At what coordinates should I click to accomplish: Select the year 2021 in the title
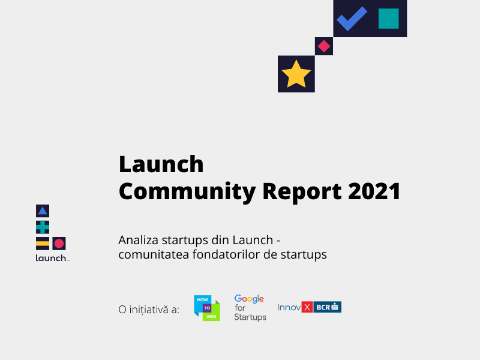pyautogui.click(x=375, y=191)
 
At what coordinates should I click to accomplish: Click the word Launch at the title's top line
pyautogui.click(x=161, y=163)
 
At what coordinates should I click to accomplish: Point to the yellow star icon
pyautogui.click(x=296, y=74)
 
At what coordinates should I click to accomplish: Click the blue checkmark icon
pyautogui.click(x=352, y=19)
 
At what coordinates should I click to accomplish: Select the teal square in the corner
pyautogui.click(x=389, y=19)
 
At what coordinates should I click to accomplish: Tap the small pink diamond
pyautogui.click(x=324, y=46)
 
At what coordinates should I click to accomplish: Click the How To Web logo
pyautogui.click(x=207, y=308)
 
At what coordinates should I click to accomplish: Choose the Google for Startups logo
pyautogui.click(x=250, y=307)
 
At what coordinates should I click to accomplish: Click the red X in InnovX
pyautogui.click(x=307, y=307)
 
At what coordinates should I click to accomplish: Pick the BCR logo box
pyautogui.click(x=328, y=307)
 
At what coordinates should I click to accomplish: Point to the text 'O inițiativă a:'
pyautogui.click(x=149, y=310)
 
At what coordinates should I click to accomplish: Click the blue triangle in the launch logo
pyautogui.click(x=42, y=211)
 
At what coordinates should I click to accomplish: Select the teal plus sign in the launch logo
pyautogui.click(x=42, y=227)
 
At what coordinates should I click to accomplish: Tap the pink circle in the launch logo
pyautogui.click(x=59, y=243)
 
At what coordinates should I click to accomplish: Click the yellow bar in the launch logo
pyautogui.click(x=42, y=243)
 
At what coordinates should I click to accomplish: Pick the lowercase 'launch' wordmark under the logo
pyautogui.click(x=52, y=259)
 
